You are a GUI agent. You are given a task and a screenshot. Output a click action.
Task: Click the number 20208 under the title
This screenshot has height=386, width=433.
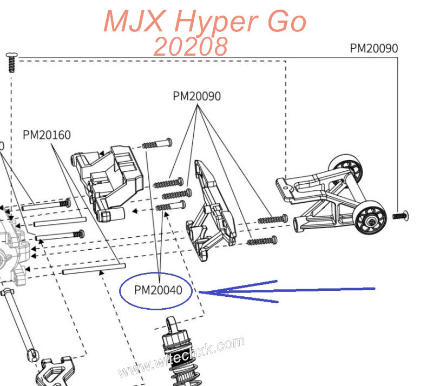click(190, 47)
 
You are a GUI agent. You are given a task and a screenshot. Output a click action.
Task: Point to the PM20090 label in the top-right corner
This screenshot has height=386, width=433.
click(373, 48)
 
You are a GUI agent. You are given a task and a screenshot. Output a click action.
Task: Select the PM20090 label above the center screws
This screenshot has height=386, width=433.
click(196, 96)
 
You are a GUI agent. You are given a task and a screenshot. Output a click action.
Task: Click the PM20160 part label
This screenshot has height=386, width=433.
click(47, 135)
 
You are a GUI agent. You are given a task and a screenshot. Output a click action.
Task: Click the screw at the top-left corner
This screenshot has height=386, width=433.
click(11, 62)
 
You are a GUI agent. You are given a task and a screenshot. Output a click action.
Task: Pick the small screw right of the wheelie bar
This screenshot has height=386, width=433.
click(400, 216)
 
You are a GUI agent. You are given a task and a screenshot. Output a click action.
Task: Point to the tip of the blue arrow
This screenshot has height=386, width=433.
click(200, 292)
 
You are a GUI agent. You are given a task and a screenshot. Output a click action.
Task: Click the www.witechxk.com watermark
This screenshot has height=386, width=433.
click(181, 357)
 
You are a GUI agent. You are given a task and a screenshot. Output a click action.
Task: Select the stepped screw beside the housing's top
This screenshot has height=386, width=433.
click(157, 144)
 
